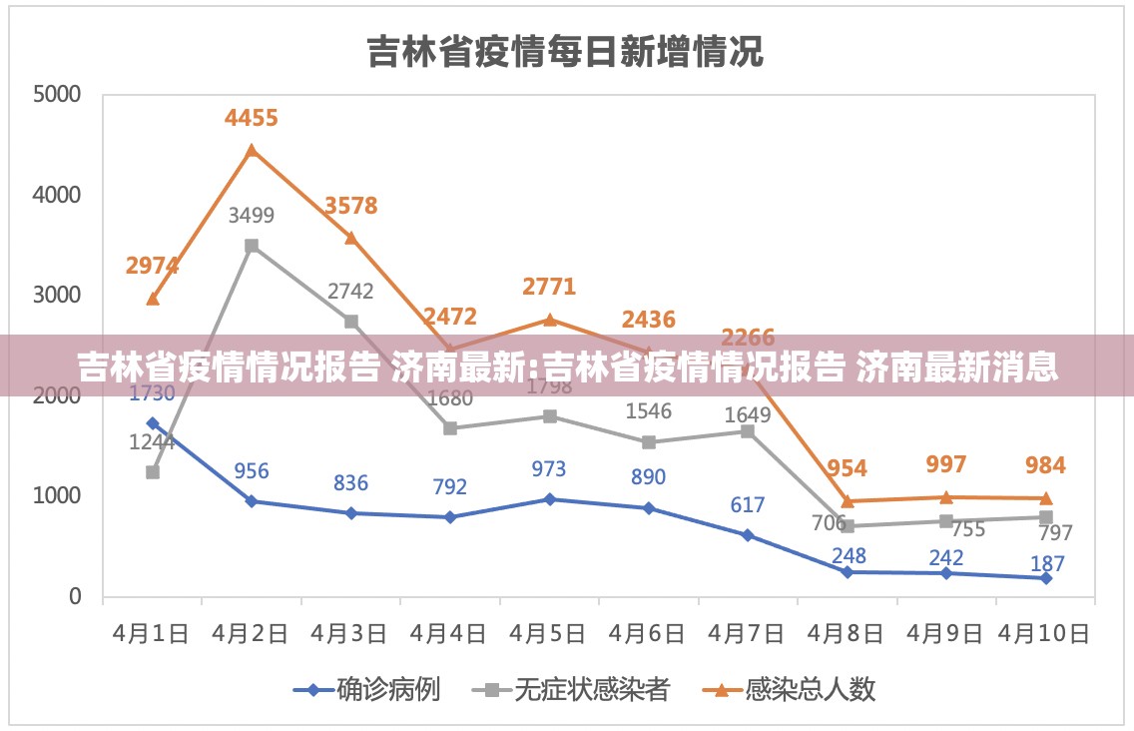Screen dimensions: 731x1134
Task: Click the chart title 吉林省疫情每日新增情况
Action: pos(565,50)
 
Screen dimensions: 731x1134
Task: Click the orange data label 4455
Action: pos(252,119)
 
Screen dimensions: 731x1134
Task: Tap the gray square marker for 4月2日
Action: pos(252,246)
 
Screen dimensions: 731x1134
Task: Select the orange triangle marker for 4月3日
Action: pos(350,238)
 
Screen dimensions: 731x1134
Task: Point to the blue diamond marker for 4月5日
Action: pos(549,499)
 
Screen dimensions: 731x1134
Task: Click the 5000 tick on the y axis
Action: pos(56,95)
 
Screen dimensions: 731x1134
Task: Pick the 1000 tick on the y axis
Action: pos(56,496)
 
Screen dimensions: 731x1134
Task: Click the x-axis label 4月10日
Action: pos(1045,634)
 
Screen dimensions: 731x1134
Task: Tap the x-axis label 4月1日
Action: pos(152,634)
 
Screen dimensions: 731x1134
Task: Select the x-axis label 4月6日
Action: pos(648,634)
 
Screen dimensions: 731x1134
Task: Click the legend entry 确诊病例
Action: pos(387,689)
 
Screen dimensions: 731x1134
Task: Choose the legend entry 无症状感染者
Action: pos(590,689)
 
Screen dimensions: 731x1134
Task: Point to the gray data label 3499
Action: pos(252,215)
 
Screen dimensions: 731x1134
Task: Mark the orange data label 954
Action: pos(847,468)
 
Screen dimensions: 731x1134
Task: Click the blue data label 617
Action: pos(747,505)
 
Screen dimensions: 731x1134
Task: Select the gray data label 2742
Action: pos(350,292)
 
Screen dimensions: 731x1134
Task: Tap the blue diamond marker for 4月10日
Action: pos(1045,578)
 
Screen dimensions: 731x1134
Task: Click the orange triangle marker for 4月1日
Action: pos(152,299)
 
